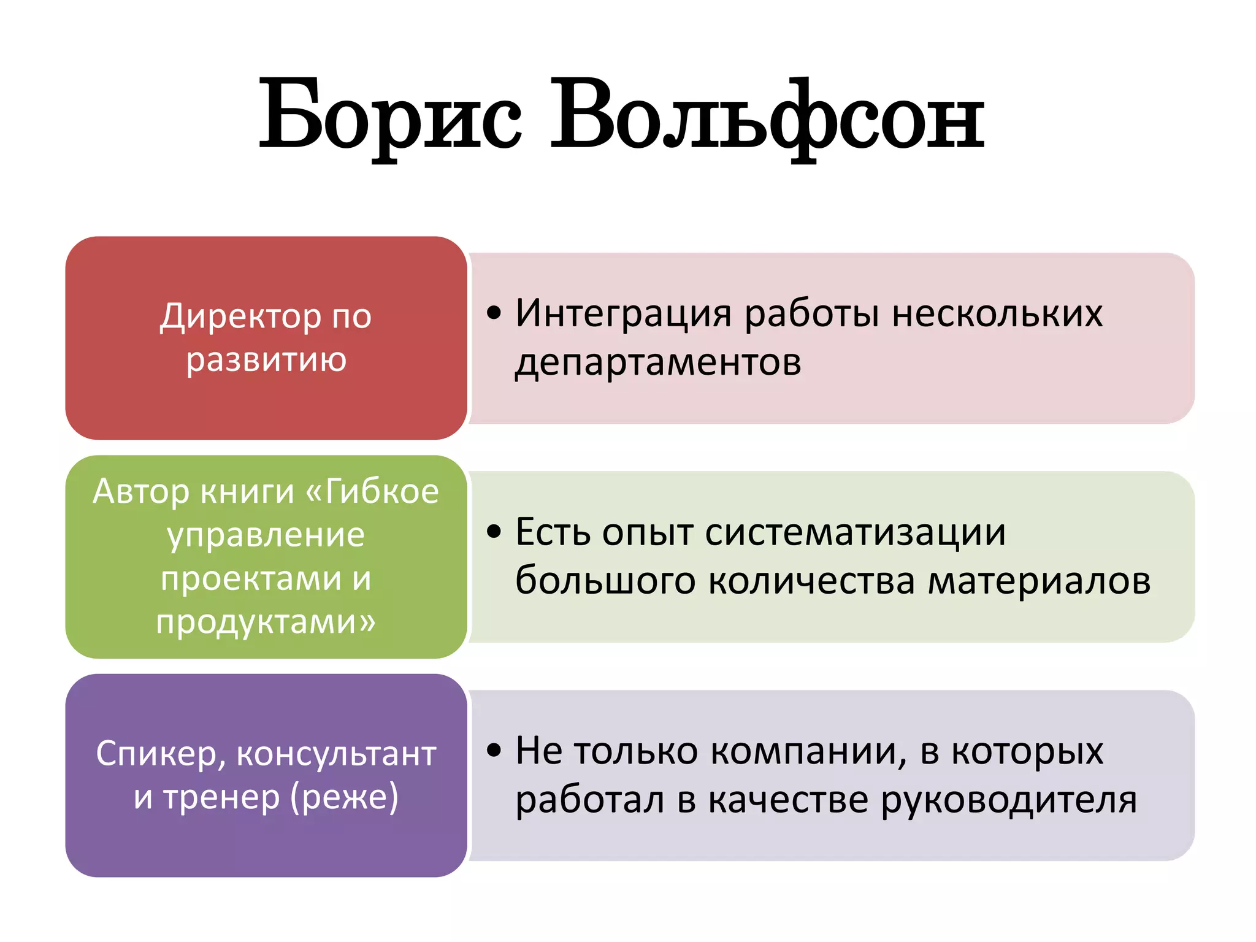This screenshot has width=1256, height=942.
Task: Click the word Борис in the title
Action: click(x=390, y=117)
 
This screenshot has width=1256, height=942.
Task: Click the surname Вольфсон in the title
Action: click(x=767, y=117)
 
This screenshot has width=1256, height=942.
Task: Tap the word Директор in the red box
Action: click(x=240, y=317)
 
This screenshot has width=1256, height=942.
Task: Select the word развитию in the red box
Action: click(x=266, y=360)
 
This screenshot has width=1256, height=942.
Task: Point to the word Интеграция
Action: click(x=623, y=313)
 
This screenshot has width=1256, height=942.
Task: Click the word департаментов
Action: click(x=658, y=362)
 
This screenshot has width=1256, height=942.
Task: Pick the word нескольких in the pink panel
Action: click(x=997, y=313)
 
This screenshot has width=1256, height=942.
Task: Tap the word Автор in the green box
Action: click(x=141, y=492)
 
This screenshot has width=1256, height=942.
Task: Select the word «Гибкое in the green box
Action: click(x=372, y=492)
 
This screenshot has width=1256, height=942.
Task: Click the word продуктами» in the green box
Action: click(x=266, y=622)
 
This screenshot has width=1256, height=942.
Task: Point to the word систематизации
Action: click(x=856, y=532)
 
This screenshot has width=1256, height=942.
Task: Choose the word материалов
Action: click(x=1039, y=580)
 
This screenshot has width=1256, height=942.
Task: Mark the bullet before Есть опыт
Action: click(x=494, y=532)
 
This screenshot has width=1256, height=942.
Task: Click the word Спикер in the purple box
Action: click(x=161, y=754)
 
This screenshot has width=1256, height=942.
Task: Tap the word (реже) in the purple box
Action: click(x=344, y=797)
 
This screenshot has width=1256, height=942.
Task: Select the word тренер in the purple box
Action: click(x=221, y=797)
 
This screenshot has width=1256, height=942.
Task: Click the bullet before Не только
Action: click(x=494, y=750)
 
